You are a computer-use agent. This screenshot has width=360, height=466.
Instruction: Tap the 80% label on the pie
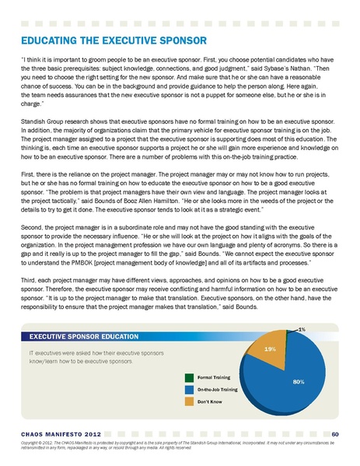point(298,382)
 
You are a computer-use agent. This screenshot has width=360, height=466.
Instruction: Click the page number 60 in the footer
point(334,433)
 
